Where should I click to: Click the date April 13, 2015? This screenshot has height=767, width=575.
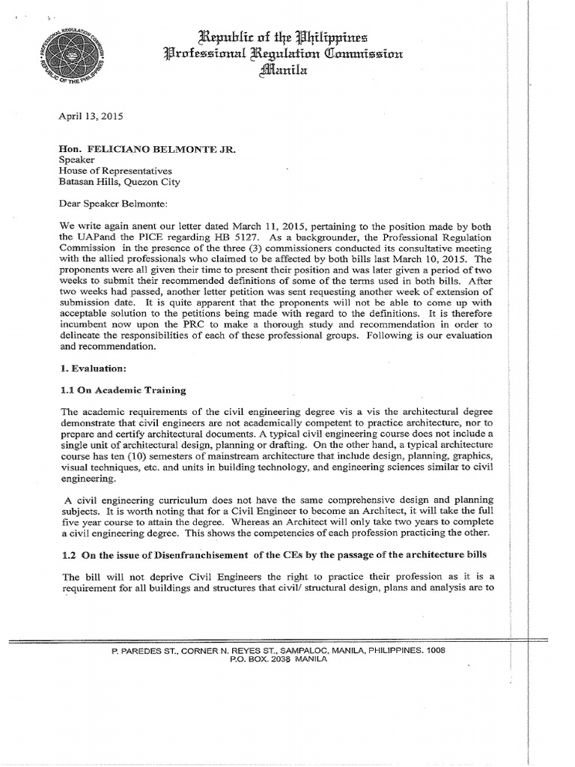(87, 117)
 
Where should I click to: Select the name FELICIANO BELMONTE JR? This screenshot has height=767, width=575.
(159, 149)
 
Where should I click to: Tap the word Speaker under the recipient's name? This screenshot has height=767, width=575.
(77, 160)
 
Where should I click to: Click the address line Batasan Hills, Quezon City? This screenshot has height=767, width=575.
(119, 182)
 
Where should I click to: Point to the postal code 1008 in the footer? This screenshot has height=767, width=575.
(433, 651)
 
